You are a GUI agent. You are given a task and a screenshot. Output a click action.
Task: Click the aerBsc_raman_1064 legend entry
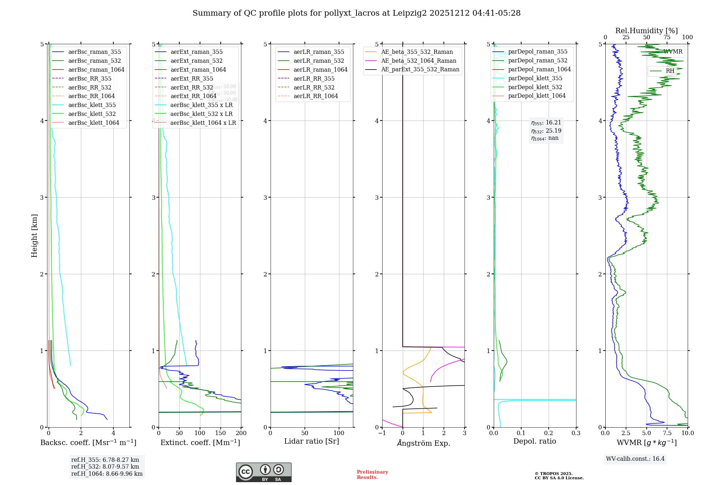click(x=96, y=70)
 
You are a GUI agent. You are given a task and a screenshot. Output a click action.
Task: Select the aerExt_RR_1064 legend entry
click(x=193, y=96)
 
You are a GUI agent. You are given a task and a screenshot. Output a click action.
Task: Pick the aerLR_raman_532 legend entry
click(x=319, y=61)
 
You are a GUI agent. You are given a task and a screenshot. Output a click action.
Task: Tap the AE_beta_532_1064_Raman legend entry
click(x=419, y=61)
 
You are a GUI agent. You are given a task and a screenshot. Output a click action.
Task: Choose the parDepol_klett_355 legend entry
click(x=535, y=78)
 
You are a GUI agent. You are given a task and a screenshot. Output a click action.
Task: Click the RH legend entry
click(x=670, y=71)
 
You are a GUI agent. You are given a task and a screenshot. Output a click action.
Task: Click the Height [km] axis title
click(x=34, y=236)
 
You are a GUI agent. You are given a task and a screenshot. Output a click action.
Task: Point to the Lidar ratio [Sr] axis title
click(x=312, y=441)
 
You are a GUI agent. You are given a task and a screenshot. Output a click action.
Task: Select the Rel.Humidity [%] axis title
click(x=646, y=31)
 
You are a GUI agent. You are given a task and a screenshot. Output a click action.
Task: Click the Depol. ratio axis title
click(x=534, y=441)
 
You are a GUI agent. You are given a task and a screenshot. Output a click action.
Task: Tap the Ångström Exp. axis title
click(x=423, y=443)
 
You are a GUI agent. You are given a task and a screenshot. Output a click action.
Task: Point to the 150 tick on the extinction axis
click(x=220, y=433)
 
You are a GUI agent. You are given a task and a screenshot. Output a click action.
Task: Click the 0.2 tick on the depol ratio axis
click(x=548, y=433)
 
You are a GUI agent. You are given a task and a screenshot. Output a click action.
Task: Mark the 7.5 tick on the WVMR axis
click(x=667, y=433)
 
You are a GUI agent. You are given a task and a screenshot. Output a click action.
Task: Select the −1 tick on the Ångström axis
click(x=382, y=433)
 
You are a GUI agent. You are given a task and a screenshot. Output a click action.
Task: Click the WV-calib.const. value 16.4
click(x=658, y=459)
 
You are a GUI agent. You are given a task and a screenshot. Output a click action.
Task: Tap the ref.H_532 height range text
click(x=105, y=466)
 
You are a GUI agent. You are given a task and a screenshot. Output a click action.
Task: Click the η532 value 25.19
click(x=553, y=131)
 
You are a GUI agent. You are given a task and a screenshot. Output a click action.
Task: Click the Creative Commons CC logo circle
click(x=246, y=471)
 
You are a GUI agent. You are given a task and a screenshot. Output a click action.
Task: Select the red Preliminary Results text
click(x=372, y=474)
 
